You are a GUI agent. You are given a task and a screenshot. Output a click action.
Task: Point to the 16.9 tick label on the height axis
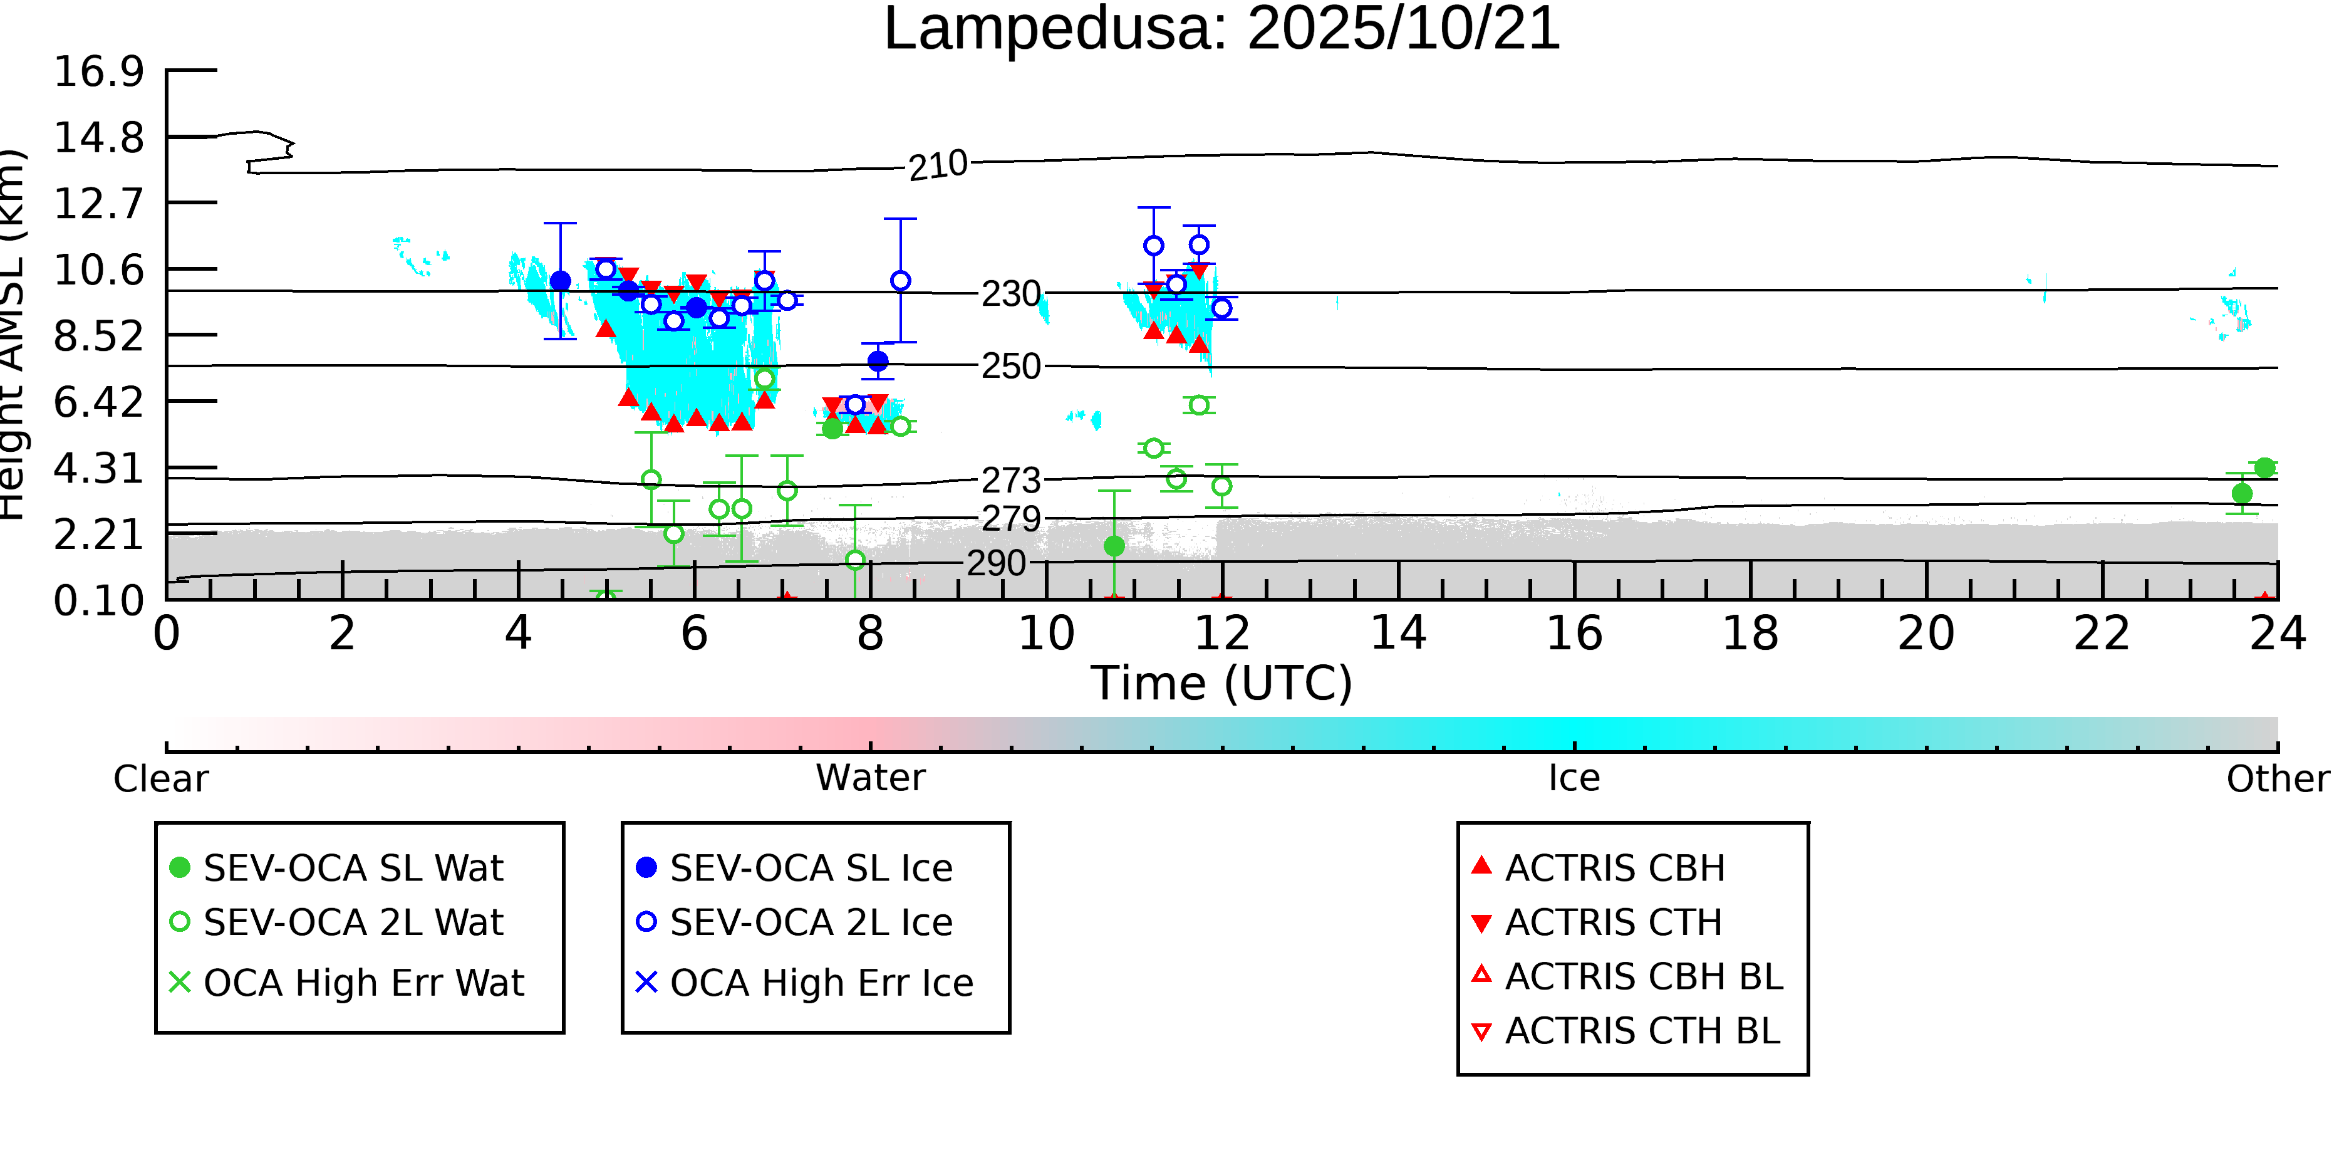click(x=98, y=71)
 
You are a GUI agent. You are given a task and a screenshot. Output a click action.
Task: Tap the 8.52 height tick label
click(x=98, y=337)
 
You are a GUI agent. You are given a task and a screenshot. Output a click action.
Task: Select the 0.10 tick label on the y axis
click(x=98, y=600)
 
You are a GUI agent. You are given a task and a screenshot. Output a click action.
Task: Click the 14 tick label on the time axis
click(x=1398, y=633)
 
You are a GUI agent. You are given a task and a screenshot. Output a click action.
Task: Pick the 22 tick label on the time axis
click(x=2102, y=633)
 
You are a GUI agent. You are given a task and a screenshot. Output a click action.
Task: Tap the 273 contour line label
click(x=1010, y=480)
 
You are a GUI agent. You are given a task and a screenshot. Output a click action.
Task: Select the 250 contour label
click(x=1010, y=367)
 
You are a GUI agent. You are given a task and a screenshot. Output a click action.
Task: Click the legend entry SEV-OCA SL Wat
click(x=353, y=867)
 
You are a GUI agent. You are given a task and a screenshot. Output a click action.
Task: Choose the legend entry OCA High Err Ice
click(x=821, y=983)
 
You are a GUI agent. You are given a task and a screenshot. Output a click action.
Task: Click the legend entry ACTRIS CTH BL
click(x=1641, y=1031)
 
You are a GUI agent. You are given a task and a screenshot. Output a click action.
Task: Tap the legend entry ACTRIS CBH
click(x=1614, y=867)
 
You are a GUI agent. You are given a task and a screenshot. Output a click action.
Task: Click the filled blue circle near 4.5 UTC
click(x=561, y=281)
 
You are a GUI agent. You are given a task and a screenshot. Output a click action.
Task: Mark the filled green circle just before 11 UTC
click(x=1114, y=546)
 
